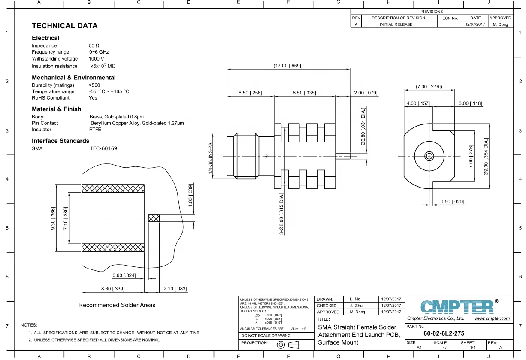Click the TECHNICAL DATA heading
pos(64,26)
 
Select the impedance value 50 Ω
pos(94,45)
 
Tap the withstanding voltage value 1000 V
pos(96,59)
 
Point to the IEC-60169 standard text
pos(103,148)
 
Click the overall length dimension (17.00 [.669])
pos(288,66)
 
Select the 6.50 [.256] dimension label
pos(250,93)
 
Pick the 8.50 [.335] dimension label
pos(304,93)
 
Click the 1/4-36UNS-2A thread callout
pos(210,158)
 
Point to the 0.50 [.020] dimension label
pos(452,202)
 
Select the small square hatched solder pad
pos(154,218)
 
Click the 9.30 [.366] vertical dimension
pos(53,218)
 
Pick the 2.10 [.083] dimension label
pos(175,289)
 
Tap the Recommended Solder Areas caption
pos(117,305)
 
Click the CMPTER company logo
pos(456,306)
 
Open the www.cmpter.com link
pos(492,318)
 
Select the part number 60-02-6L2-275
pos(444,333)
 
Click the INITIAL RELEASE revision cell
pos(396,24)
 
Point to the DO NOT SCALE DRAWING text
pos(266,336)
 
